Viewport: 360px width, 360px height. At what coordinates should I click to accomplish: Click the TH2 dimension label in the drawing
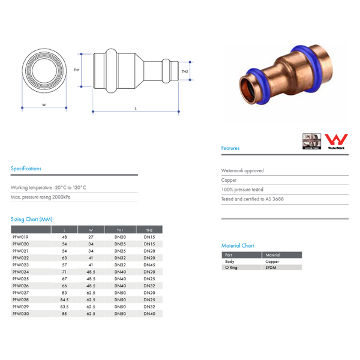coord(185,71)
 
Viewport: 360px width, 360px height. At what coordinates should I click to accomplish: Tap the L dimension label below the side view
coord(136,108)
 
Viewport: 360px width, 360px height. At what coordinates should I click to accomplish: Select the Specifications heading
coord(26,169)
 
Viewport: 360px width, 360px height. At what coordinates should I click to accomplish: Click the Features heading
coord(230,148)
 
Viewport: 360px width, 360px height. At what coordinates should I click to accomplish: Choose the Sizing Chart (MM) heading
coord(31,220)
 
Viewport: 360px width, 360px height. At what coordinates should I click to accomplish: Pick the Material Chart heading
coord(238,246)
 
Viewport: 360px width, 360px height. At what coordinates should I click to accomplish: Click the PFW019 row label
coord(20,237)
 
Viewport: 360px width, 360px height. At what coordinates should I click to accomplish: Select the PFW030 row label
coord(20,314)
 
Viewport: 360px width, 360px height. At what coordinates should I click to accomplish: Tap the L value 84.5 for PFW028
coord(64,299)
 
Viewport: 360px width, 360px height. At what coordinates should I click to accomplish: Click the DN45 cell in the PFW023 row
coord(149,265)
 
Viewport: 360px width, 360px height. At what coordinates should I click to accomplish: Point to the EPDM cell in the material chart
coord(271,268)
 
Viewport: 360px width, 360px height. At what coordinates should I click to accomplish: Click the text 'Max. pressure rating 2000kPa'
coord(40,197)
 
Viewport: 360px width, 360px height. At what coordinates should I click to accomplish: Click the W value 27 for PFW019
coord(91,237)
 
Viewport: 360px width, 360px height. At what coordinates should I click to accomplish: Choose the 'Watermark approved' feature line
coord(242,170)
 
